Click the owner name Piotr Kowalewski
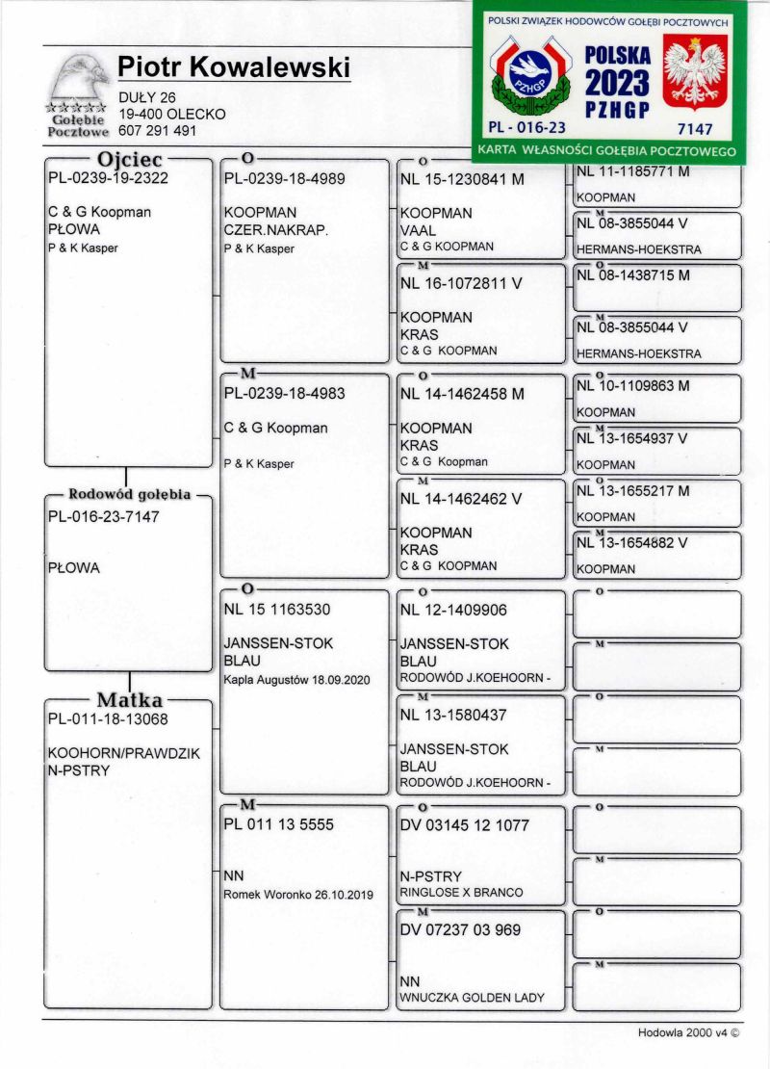click(234, 66)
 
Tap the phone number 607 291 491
click(158, 130)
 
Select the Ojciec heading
click(130, 159)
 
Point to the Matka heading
click(129, 700)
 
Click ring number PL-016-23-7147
click(104, 517)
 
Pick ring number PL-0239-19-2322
click(108, 178)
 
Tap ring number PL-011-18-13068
click(108, 718)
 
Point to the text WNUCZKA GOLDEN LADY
click(472, 998)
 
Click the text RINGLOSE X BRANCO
click(461, 893)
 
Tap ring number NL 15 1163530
click(278, 611)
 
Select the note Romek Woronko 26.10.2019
click(297, 894)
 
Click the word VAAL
click(418, 230)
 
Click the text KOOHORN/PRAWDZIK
click(124, 753)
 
